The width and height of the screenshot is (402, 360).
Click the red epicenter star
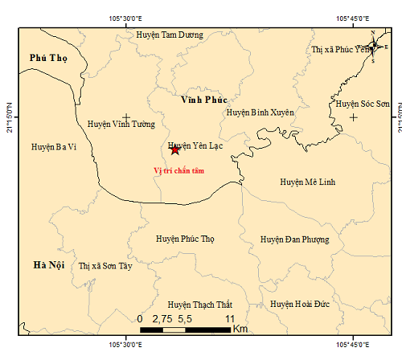point(174,149)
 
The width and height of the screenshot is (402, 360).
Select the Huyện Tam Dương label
point(170,35)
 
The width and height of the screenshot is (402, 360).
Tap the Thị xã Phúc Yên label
point(338,50)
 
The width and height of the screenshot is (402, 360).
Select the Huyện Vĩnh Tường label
point(120,124)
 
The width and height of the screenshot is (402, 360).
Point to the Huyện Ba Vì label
point(54,147)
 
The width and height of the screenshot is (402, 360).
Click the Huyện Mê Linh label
point(308,182)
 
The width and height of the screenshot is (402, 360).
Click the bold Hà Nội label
point(50,265)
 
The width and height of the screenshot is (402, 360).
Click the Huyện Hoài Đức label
point(300,304)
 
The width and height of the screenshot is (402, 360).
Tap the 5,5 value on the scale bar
point(185,318)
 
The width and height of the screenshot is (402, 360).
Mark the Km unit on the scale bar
point(240,329)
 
